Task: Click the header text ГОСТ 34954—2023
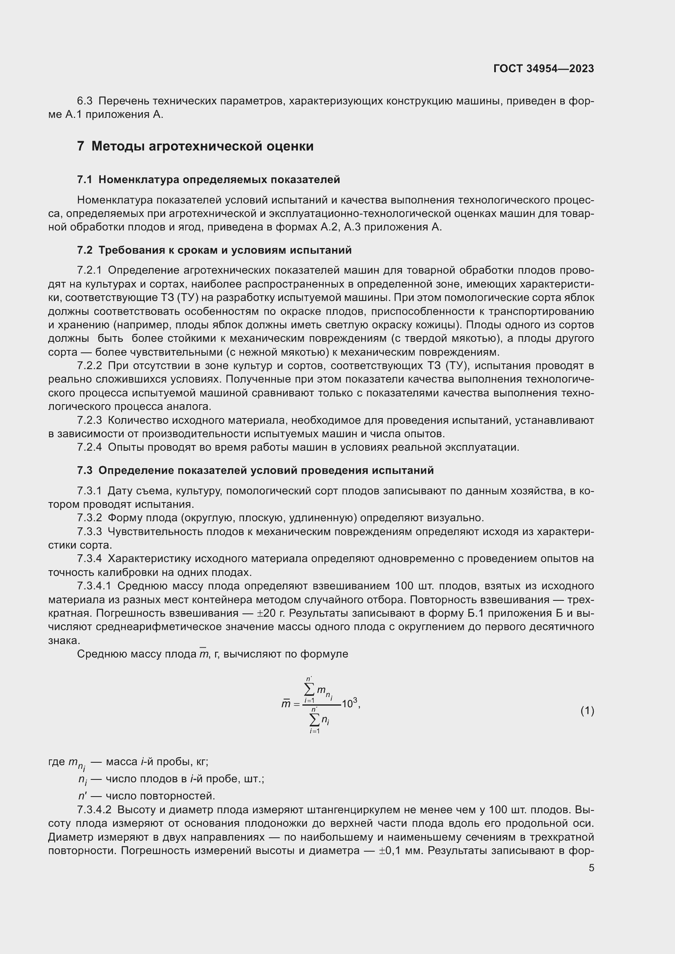click(x=544, y=69)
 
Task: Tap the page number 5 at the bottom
click(x=591, y=868)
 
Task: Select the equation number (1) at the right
click(x=587, y=711)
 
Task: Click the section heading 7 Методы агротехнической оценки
click(x=195, y=146)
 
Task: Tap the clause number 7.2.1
click(x=89, y=270)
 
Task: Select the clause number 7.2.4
click(x=89, y=447)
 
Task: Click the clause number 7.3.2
click(x=89, y=518)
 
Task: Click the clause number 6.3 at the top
click(x=85, y=101)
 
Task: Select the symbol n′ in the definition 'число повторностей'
click(x=83, y=796)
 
